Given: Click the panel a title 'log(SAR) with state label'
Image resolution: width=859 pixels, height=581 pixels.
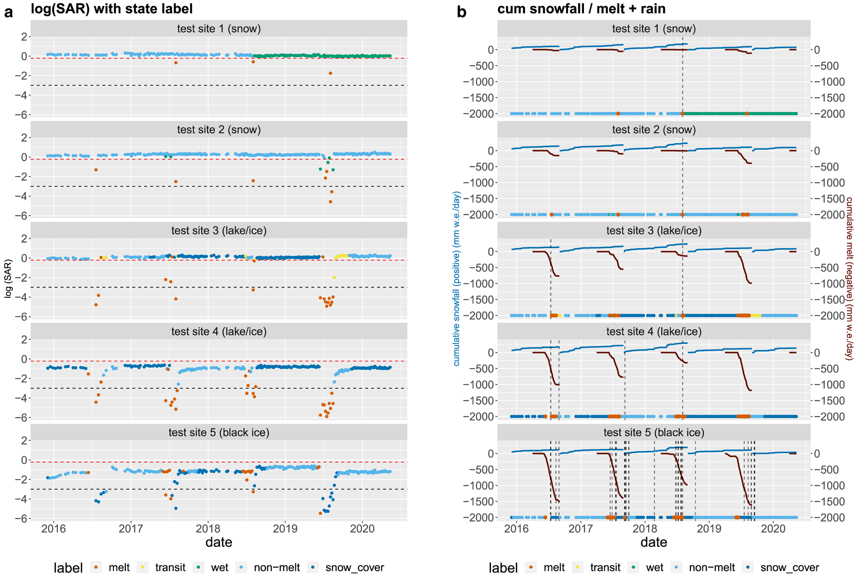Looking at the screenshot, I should [x=111, y=9].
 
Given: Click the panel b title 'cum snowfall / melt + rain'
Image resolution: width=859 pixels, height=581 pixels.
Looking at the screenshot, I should [x=581, y=9].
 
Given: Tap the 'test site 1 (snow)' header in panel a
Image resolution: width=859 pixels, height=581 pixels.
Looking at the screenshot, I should [x=219, y=29].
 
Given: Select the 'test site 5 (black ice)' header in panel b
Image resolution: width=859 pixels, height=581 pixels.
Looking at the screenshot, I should [x=653, y=433].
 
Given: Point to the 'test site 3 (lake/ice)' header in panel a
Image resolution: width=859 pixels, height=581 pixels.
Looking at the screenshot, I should [x=219, y=230].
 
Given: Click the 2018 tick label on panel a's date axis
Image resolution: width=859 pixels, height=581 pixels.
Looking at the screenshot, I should [x=208, y=528].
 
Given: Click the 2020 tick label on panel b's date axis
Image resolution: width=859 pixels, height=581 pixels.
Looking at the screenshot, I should [x=774, y=528].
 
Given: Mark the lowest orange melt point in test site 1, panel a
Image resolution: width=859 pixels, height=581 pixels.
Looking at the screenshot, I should [x=331, y=73].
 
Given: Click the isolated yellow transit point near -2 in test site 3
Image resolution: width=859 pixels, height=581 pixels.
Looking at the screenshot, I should [x=334, y=277].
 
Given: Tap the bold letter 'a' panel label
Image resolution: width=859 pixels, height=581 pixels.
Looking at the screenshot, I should [x=8, y=12].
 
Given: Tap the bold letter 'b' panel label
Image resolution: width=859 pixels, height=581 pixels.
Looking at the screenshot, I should [x=462, y=12].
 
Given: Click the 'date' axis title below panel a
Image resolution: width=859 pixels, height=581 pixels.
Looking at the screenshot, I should [x=219, y=542].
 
